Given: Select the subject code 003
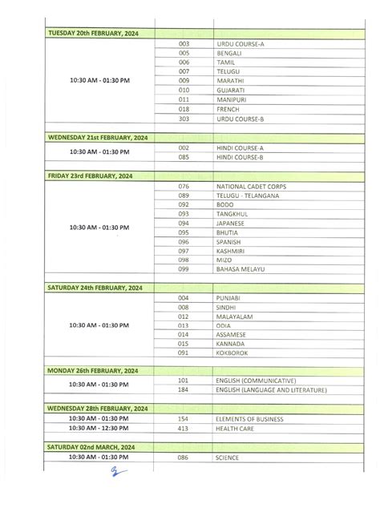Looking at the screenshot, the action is click(184, 42).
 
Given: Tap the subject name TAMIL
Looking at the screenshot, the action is click(225, 62).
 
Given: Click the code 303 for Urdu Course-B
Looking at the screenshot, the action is click(184, 119).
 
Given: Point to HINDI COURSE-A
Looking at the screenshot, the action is click(241, 148).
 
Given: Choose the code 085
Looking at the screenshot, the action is click(184, 158).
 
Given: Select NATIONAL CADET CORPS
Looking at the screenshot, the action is click(251, 187).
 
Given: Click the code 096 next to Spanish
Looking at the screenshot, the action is click(184, 241).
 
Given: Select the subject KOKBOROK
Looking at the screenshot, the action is click(232, 352).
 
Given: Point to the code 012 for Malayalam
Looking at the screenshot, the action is click(184, 316).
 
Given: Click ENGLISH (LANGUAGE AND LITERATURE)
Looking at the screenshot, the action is click(272, 390).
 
